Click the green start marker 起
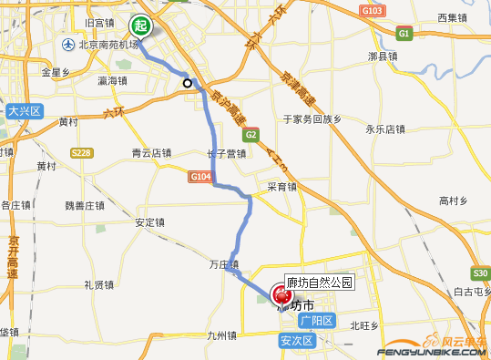coord(140,26)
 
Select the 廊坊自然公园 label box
coord(319,283)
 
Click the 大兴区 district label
coord(25,111)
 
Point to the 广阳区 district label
coord(318,322)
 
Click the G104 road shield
coord(201,176)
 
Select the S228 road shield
coord(81,152)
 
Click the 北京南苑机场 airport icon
coord(68,45)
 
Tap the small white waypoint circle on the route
coord(188,83)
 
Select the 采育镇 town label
coord(281,187)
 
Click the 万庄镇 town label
coord(223,265)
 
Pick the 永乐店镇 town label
coord(384,129)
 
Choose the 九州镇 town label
coord(222,335)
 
